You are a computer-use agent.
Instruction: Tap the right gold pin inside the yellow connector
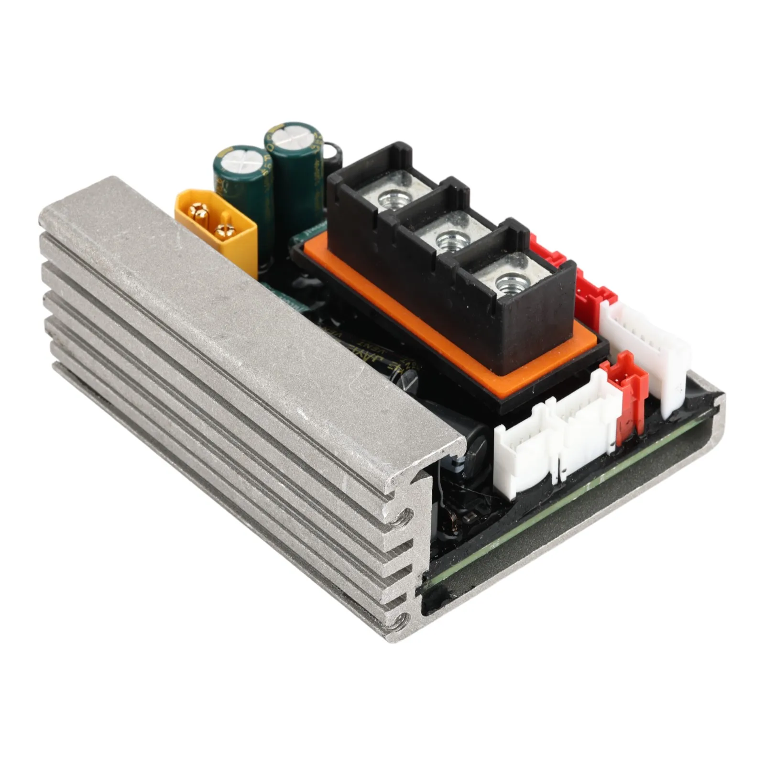pyautogui.click(x=222, y=231)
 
